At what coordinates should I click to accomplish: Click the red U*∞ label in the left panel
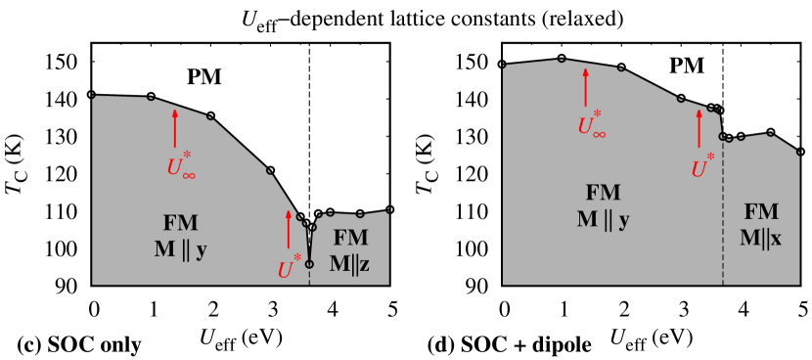(x=181, y=165)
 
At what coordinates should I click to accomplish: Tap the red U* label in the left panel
(x=289, y=268)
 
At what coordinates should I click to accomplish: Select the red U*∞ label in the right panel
(x=591, y=124)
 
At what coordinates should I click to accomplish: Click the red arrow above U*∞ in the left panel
(x=176, y=128)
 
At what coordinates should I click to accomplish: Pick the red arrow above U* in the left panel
(x=289, y=229)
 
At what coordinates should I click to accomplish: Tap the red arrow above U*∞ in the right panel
(x=586, y=87)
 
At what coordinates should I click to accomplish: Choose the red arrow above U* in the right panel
(x=699, y=127)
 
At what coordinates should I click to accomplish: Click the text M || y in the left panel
(x=180, y=249)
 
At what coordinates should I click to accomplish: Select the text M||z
(x=349, y=263)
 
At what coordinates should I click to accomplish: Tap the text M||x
(x=760, y=238)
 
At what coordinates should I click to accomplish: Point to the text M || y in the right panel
(x=603, y=219)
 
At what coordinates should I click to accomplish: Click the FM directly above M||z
(x=350, y=238)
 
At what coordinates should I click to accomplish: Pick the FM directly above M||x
(x=761, y=212)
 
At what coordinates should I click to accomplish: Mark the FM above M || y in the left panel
(x=180, y=222)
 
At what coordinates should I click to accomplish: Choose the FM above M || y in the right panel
(x=603, y=193)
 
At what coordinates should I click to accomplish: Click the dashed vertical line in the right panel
(x=723, y=215)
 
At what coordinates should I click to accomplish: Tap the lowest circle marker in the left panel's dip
(x=309, y=264)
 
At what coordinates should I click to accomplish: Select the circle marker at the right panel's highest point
(x=562, y=60)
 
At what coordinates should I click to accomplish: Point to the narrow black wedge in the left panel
(x=309, y=243)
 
